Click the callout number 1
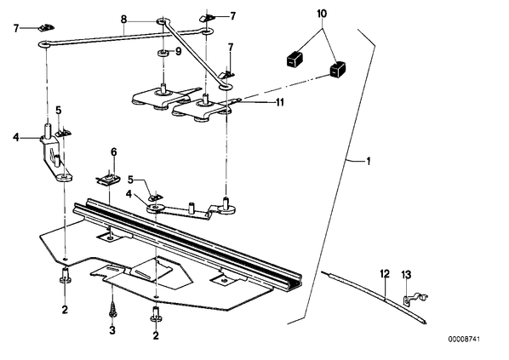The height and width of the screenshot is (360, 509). coord(368,161)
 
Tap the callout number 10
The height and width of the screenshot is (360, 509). coord(322,14)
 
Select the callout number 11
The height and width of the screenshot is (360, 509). coord(279,103)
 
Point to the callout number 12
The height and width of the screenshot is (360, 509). coord(385,274)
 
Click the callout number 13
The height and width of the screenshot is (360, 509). coord(406,275)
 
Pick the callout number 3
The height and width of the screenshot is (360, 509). coord(112,330)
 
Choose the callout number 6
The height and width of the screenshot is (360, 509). coord(113,152)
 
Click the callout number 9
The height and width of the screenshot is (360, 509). coord(179,52)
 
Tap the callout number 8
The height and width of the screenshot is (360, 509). coord(123,20)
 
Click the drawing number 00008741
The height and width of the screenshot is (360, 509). coord(464,340)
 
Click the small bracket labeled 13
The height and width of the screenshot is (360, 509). coord(415,299)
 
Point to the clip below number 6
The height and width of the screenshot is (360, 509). coord(108,180)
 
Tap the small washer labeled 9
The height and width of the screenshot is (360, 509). coord(163,53)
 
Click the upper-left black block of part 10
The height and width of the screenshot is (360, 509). coord(295,60)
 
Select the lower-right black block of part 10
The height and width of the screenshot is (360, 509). coord(338,69)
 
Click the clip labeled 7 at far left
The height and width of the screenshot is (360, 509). coord(47,28)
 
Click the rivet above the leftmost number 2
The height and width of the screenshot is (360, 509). coord(66,276)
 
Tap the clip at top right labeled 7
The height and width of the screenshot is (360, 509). coord(207,18)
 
